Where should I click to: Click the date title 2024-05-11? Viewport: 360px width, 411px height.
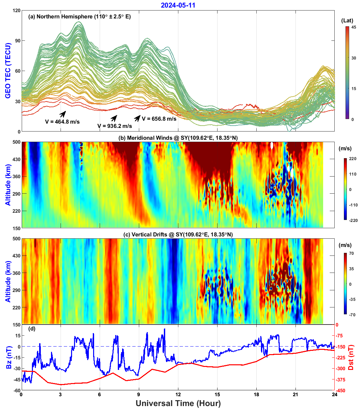(178, 5)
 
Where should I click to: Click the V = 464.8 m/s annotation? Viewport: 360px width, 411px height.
(62, 122)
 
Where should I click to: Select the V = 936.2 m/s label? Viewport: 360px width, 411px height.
(115, 126)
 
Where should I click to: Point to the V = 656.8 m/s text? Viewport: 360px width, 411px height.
(159, 119)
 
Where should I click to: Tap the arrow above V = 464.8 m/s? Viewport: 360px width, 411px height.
(63, 114)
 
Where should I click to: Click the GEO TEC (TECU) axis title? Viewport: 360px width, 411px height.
(8, 71)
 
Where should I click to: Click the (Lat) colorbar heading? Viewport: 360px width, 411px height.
(347, 20)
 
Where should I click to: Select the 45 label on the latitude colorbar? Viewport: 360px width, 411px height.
(353, 27)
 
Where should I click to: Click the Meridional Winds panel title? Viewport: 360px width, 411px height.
(178, 138)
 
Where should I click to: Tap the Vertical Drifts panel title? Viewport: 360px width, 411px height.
(178, 234)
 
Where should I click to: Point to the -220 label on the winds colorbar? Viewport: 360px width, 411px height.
(353, 220)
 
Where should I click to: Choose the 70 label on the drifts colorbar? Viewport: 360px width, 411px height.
(352, 254)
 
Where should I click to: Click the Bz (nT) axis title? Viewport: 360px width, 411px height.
(9, 357)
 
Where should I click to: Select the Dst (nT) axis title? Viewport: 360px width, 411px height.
(351, 357)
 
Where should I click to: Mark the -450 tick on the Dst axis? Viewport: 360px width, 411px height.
(341, 391)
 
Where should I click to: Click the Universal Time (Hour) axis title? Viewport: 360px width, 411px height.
(178, 403)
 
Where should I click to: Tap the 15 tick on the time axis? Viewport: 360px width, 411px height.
(217, 395)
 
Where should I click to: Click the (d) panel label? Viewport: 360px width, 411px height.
(32, 328)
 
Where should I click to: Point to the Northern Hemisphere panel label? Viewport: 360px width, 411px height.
(79, 16)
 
